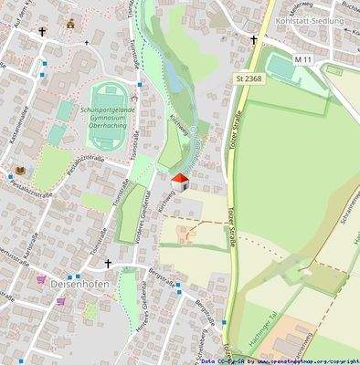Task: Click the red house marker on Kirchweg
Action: pos(180,182)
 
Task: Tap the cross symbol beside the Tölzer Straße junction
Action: pos(254,40)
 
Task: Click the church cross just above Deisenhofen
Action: pos(107,264)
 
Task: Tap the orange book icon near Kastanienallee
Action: pos(20,172)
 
